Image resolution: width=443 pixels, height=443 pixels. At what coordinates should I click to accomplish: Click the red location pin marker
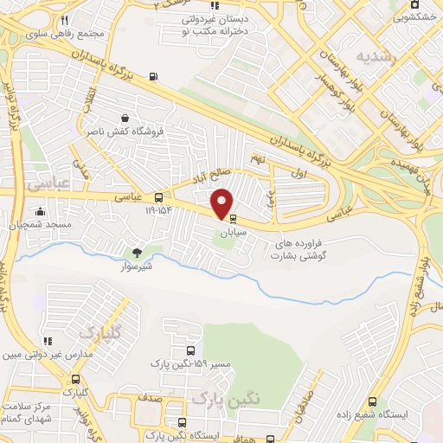pyautogui.click(x=222, y=202)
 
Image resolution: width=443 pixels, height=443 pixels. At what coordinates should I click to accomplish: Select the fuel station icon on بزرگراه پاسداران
pyautogui.click(x=154, y=76)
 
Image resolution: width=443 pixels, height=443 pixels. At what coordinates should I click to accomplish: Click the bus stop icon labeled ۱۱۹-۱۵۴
pyautogui.click(x=157, y=197)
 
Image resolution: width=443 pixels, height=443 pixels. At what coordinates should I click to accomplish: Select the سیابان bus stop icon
pyautogui.click(x=231, y=220)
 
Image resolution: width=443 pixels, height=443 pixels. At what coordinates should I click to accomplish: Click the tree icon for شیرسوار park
pyautogui.click(x=137, y=253)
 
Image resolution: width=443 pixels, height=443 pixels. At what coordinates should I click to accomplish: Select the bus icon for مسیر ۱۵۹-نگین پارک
pyautogui.click(x=190, y=350)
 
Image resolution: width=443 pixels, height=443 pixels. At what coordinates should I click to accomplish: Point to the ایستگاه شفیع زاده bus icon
pyautogui.click(x=373, y=401)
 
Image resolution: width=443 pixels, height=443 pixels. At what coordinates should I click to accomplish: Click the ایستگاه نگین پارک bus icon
pyautogui.click(x=182, y=422)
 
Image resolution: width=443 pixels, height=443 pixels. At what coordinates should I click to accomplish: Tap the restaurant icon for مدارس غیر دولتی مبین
pyautogui.click(x=48, y=340)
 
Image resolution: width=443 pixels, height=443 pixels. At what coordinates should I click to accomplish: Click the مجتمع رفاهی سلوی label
pyautogui.click(x=50, y=34)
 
